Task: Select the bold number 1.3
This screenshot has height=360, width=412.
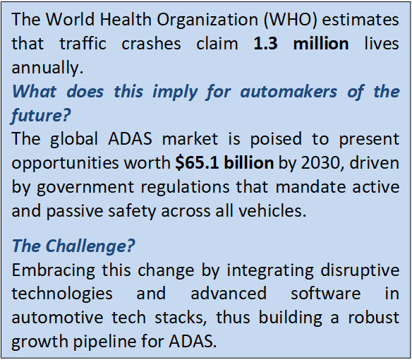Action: tap(265, 44)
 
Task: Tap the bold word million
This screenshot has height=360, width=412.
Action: tap(321, 44)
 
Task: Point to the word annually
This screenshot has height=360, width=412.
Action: tap(47, 68)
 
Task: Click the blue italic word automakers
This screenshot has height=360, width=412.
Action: tap(289, 92)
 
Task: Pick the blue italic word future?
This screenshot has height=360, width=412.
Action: tap(41, 116)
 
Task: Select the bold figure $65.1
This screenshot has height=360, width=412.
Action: tap(197, 163)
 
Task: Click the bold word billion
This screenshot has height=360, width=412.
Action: tap(249, 163)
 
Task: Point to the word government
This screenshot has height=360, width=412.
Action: tap(85, 188)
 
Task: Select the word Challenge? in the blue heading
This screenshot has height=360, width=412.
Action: tap(90, 246)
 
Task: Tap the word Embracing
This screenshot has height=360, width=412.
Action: tap(54, 270)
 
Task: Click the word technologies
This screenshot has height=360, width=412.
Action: tap(62, 294)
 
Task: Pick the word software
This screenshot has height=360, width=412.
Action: tap(325, 294)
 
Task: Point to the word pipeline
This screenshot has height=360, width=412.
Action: tap(104, 342)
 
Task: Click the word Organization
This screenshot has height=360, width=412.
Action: tap(207, 20)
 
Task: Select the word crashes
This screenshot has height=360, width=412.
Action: tap(151, 44)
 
